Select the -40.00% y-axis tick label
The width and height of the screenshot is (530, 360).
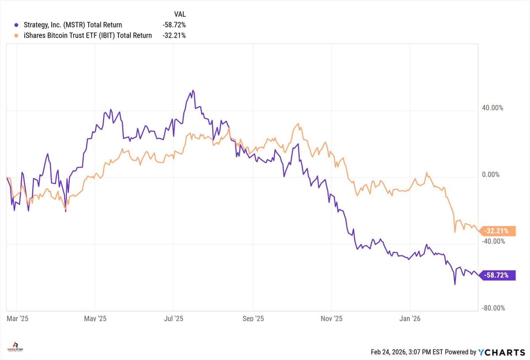click(x=492, y=241)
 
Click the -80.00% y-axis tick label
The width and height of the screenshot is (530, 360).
click(x=492, y=308)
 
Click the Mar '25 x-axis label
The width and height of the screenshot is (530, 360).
click(x=18, y=318)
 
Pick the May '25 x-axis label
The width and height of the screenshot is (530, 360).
click(x=95, y=318)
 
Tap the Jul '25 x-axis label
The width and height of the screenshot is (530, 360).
click(x=174, y=318)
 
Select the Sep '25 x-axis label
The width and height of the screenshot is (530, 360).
click(x=253, y=318)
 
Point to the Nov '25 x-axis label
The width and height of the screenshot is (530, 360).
click(x=332, y=318)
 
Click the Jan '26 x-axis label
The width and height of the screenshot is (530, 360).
click(x=410, y=318)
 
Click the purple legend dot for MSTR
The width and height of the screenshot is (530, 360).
click(x=16, y=25)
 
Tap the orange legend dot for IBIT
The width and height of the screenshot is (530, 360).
click(x=16, y=35)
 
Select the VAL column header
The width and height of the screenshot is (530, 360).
click(x=180, y=14)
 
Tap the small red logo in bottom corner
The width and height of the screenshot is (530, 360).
click(x=15, y=346)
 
